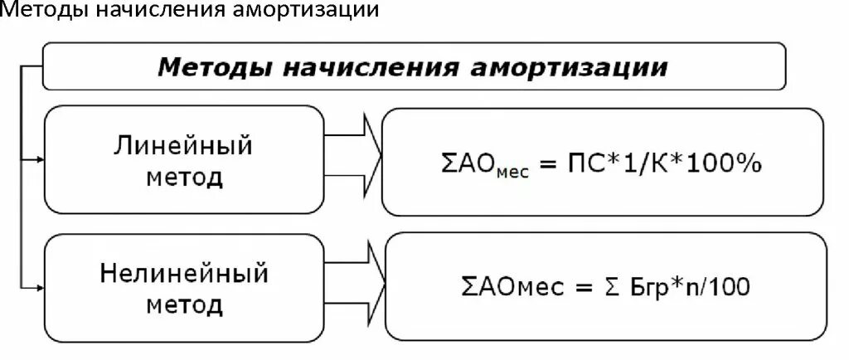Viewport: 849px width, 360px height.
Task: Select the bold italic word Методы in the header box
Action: click(x=215, y=66)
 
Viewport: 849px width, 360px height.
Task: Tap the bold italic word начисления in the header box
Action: click(x=370, y=66)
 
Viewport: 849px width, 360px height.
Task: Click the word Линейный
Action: click(x=183, y=147)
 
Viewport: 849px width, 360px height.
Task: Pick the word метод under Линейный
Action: click(x=183, y=177)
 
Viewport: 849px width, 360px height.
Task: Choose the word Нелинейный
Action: click(x=184, y=273)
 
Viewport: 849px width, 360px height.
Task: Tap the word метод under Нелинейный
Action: click(x=184, y=304)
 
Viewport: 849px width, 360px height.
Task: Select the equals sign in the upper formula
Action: click(x=545, y=166)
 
